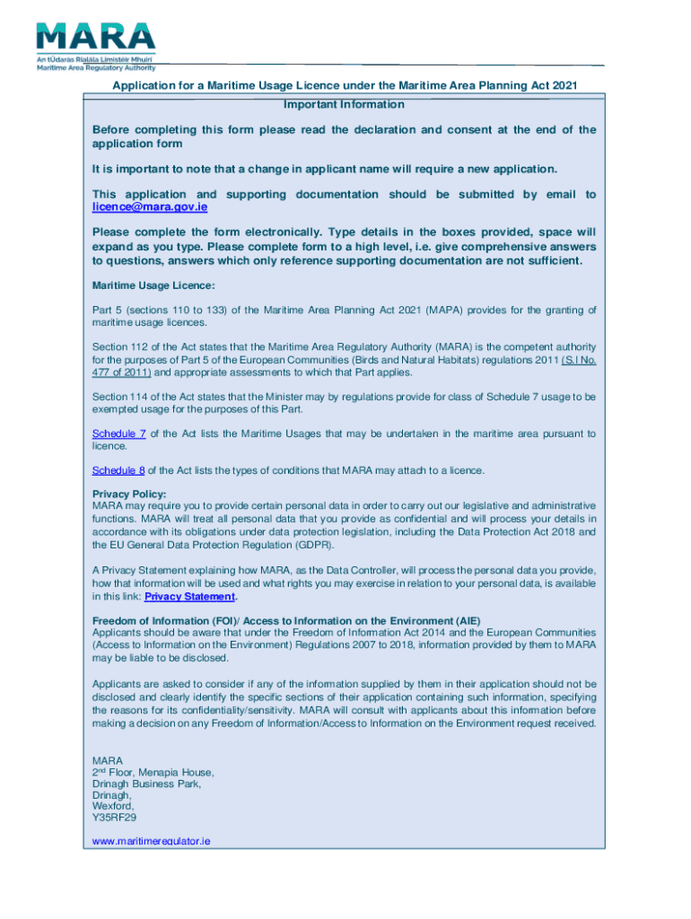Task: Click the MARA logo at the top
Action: (x=95, y=44)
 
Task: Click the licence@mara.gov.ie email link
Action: (x=150, y=207)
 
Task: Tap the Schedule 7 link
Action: (x=118, y=433)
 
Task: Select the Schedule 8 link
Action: (x=118, y=470)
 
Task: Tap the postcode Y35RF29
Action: (x=114, y=818)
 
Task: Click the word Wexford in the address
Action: (x=113, y=806)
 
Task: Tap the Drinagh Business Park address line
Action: (x=146, y=783)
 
